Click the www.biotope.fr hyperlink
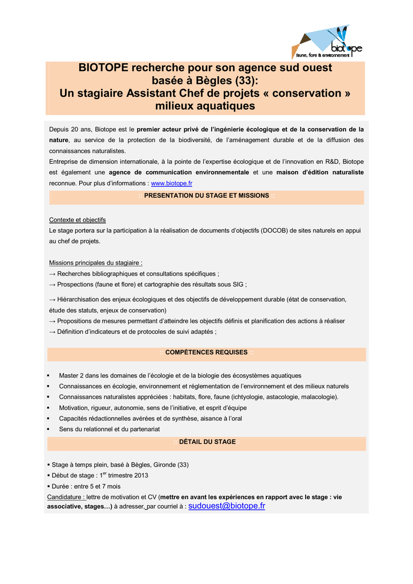point(171,183)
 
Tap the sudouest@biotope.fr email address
point(226,506)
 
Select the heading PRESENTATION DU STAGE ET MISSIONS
point(206,196)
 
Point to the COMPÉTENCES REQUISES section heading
point(206,352)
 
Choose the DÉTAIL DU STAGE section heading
point(207,442)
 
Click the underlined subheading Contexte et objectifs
point(77,220)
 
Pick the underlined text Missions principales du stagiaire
point(95,263)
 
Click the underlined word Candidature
point(66,497)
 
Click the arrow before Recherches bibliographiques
point(52,274)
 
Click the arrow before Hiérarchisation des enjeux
point(52,299)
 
